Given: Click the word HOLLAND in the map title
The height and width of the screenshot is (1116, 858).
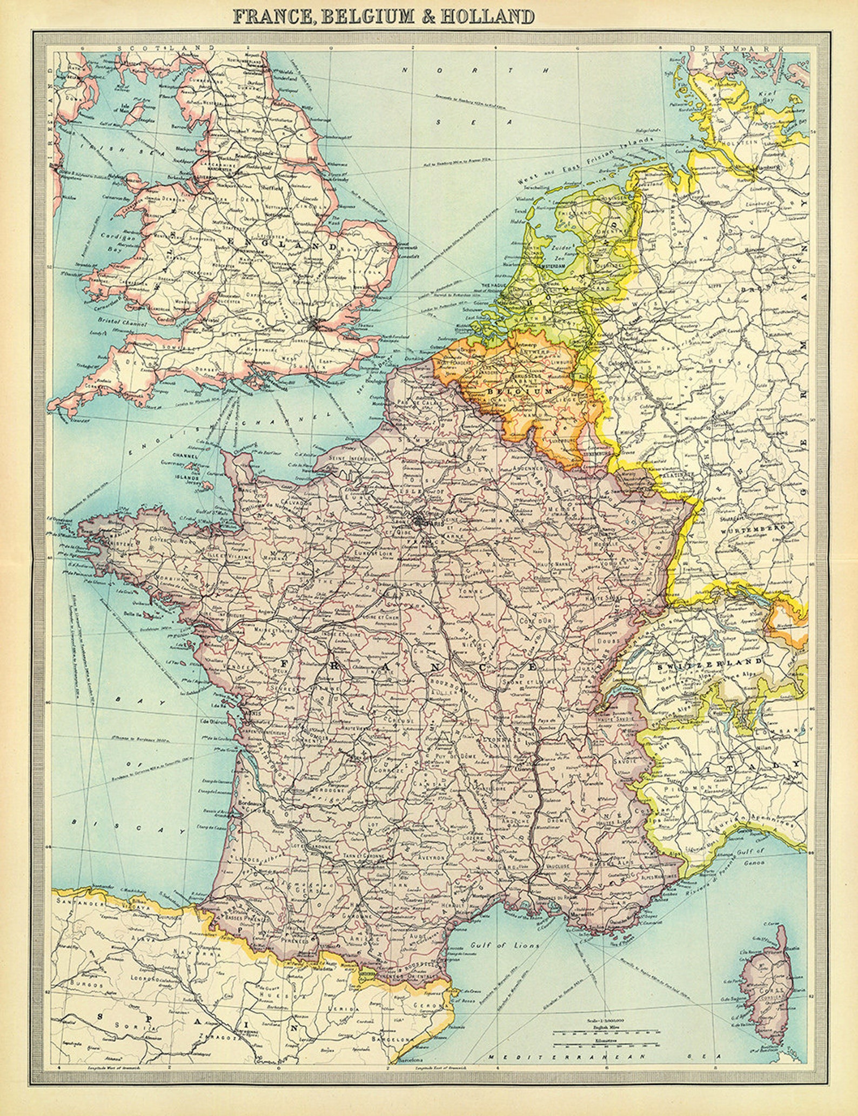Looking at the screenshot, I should [x=487, y=16].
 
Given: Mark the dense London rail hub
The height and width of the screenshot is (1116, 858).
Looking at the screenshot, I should [x=316, y=325].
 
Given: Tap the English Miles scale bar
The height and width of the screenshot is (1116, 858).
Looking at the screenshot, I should [x=605, y=1032].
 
